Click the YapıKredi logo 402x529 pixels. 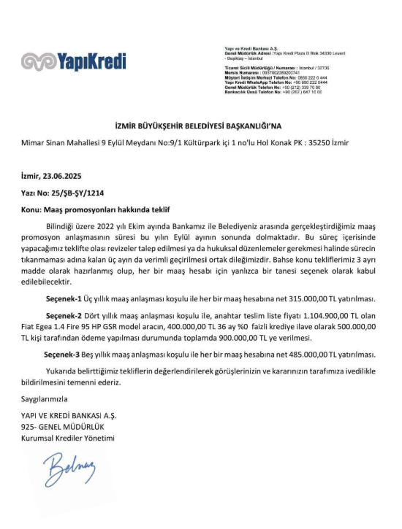pos(73,63)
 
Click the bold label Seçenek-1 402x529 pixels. pos(64,299)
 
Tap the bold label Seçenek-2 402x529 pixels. pos(64,317)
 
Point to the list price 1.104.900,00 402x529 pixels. pos(313,317)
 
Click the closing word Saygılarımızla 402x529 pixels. pos(44,399)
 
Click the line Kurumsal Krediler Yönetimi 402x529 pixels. pos(68,438)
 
